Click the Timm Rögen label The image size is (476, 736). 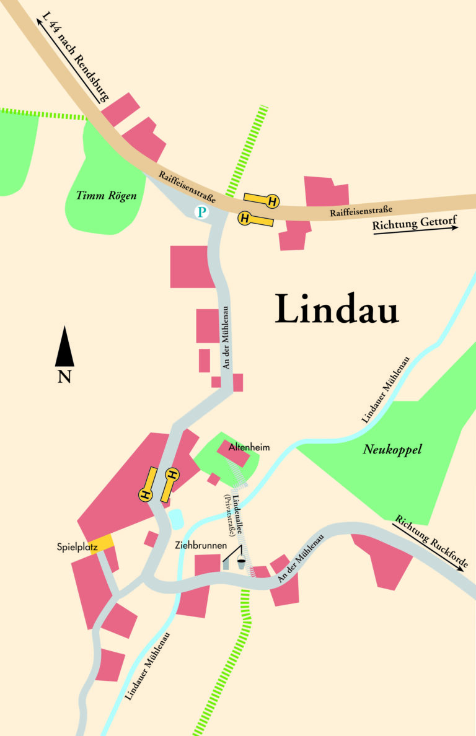tap(105, 196)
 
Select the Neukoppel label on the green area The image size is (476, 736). tap(392, 450)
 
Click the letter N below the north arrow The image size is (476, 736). tap(64, 376)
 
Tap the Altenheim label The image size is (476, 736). tap(249, 447)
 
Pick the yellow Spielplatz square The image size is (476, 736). tap(104, 542)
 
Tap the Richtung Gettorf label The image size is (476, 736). tap(415, 221)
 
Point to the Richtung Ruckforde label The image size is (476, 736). tap(431, 541)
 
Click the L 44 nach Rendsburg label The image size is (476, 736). tap(73, 57)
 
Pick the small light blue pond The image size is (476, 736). tap(175, 519)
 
